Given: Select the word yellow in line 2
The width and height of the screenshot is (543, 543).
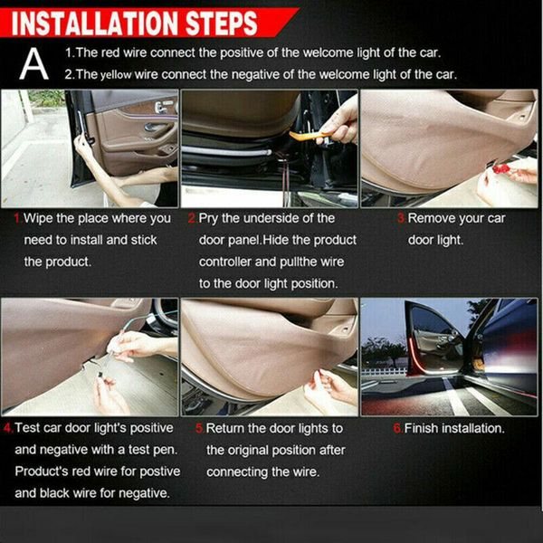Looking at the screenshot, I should (x=122, y=74).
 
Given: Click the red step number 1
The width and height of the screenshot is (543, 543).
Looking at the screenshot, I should (x=17, y=218).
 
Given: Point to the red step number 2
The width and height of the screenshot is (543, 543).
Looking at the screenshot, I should (x=192, y=218).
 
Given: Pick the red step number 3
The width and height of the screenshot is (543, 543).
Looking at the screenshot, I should (x=401, y=218).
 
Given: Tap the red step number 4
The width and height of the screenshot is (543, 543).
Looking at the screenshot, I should (x=7, y=428).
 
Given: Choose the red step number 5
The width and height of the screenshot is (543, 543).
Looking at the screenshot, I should (x=199, y=428).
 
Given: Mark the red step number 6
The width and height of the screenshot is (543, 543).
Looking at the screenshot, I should (x=397, y=428).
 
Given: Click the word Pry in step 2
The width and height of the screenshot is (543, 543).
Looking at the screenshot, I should (x=211, y=218).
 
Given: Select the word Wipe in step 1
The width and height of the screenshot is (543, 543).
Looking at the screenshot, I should (x=41, y=218).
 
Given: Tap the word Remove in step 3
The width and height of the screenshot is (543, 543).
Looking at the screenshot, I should (x=433, y=218).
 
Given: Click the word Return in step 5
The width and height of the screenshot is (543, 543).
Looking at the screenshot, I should (x=227, y=428).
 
